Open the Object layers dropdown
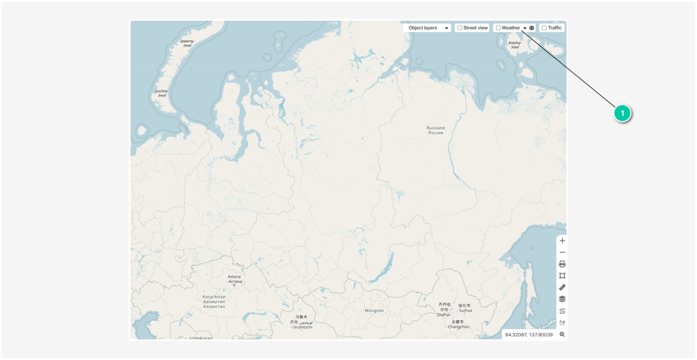[427, 28]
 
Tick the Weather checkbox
[498, 28]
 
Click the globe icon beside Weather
[532, 28]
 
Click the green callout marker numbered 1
[622, 114]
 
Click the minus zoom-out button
[562, 252]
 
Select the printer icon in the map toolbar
[562, 264]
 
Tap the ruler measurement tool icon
[562, 287]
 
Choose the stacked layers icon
[562, 299]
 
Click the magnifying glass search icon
[562, 334]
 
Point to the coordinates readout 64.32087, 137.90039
[529, 334]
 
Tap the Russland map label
[435, 130]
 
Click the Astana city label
[234, 279]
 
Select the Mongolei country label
[374, 310]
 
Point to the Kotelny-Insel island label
[515, 45]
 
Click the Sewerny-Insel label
[187, 43]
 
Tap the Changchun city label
[458, 324]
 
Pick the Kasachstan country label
[214, 301]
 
